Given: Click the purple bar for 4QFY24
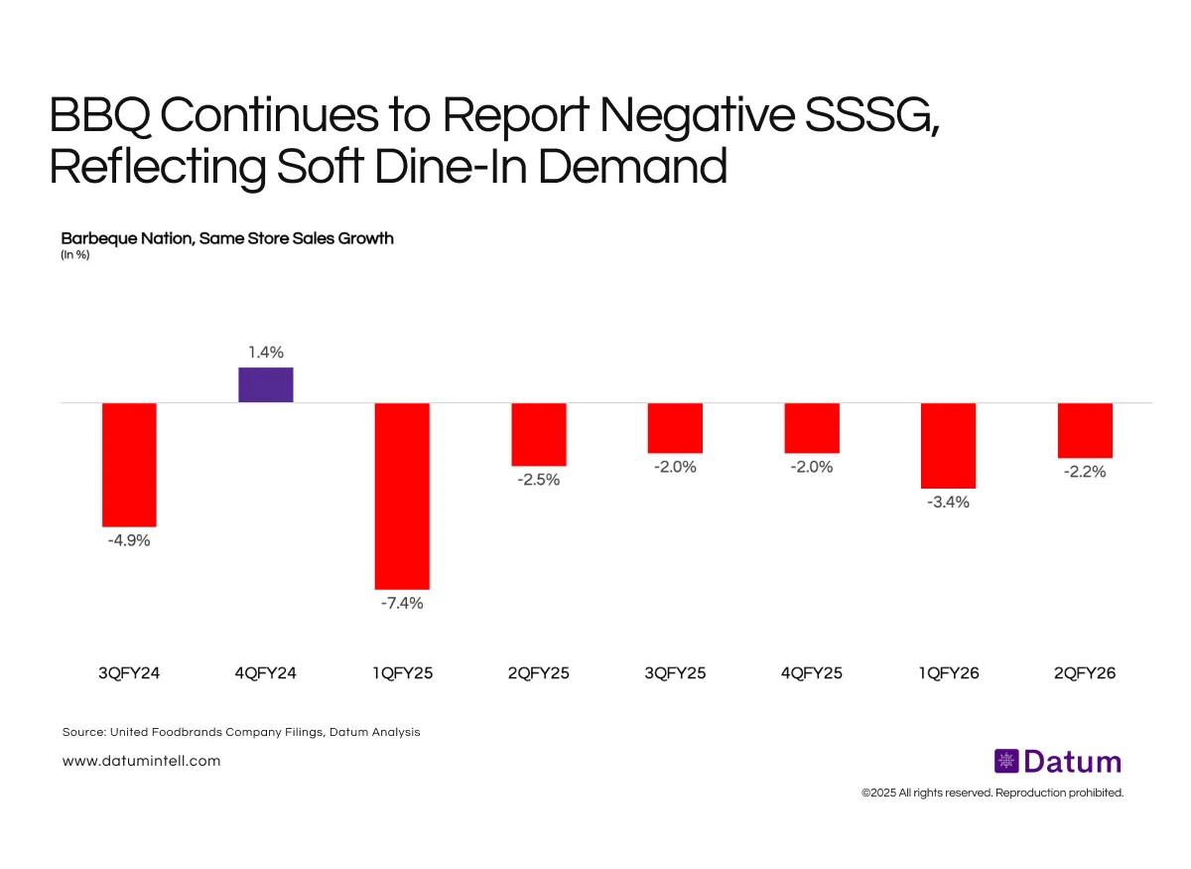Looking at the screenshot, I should point(266,385).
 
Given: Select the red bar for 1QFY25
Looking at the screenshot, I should point(402,496).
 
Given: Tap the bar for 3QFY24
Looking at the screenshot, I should point(129,464).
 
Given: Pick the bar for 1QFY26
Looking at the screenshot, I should point(948,445).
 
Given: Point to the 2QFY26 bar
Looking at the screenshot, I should point(1085,430).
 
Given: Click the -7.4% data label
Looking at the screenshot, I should point(402,604).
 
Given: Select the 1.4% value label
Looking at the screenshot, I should point(266,352).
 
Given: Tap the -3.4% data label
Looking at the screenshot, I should point(948,503).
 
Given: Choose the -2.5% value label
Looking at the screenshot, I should point(539,480).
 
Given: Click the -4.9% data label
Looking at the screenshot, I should point(129,541).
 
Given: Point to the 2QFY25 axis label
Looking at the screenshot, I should point(539,673).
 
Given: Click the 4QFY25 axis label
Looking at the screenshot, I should point(812,673).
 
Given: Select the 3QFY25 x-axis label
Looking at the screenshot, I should point(675,673).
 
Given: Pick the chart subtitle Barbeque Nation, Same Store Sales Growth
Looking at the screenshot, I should point(227,238).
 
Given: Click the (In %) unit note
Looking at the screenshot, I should point(75,255).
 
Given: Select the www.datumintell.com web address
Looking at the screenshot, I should point(141,761).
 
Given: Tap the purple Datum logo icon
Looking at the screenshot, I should point(1006,762).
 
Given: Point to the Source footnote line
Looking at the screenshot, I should point(241,732).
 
